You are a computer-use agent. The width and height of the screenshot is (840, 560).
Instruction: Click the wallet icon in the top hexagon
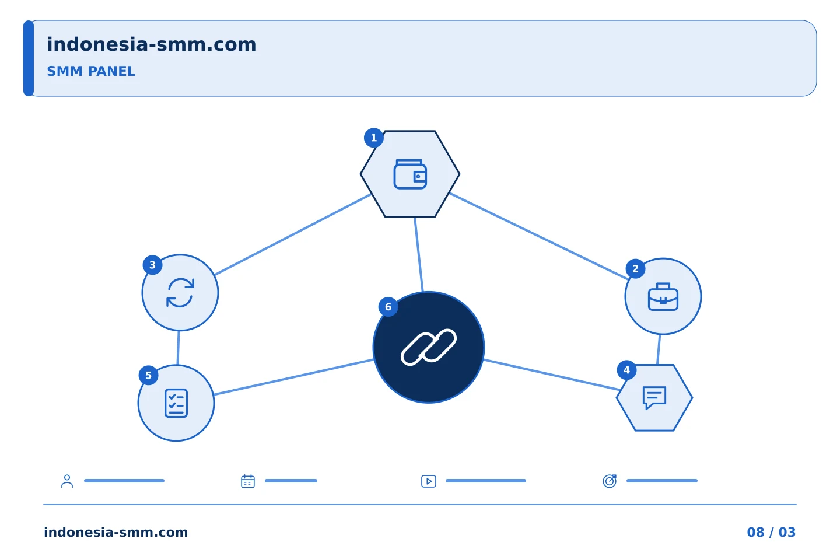[410, 174]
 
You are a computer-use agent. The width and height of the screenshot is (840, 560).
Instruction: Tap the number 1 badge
[374, 138]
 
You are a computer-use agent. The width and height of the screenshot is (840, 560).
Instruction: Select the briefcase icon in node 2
[663, 297]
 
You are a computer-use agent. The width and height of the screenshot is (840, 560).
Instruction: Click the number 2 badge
[636, 269]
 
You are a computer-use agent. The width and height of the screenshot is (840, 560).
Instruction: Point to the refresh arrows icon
[180, 293]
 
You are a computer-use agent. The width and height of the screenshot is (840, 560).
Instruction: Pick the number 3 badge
[153, 265]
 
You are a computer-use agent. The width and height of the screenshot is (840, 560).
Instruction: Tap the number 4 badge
[626, 370]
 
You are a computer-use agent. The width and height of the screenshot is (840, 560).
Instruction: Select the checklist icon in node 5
[176, 403]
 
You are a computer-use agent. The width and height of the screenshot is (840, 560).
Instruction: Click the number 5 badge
[149, 376]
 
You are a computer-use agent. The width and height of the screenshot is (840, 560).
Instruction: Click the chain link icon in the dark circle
[429, 347]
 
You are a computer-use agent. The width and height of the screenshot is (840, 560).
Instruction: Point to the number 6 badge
[388, 307]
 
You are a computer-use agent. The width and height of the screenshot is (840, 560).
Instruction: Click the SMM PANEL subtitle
[91, 71]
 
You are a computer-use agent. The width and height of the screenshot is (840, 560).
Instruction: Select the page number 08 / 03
[771, 532]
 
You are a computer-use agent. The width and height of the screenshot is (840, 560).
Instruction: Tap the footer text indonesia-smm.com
[116, 532]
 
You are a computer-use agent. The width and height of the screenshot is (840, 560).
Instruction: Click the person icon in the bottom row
[67, 481]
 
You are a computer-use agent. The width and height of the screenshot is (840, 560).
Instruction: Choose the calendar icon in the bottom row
[248, 481]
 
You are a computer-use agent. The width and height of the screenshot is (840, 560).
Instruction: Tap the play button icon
[429, 481]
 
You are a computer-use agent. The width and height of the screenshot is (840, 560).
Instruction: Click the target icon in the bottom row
[610, 481]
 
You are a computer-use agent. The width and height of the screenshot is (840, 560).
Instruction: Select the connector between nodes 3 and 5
[178, 348]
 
